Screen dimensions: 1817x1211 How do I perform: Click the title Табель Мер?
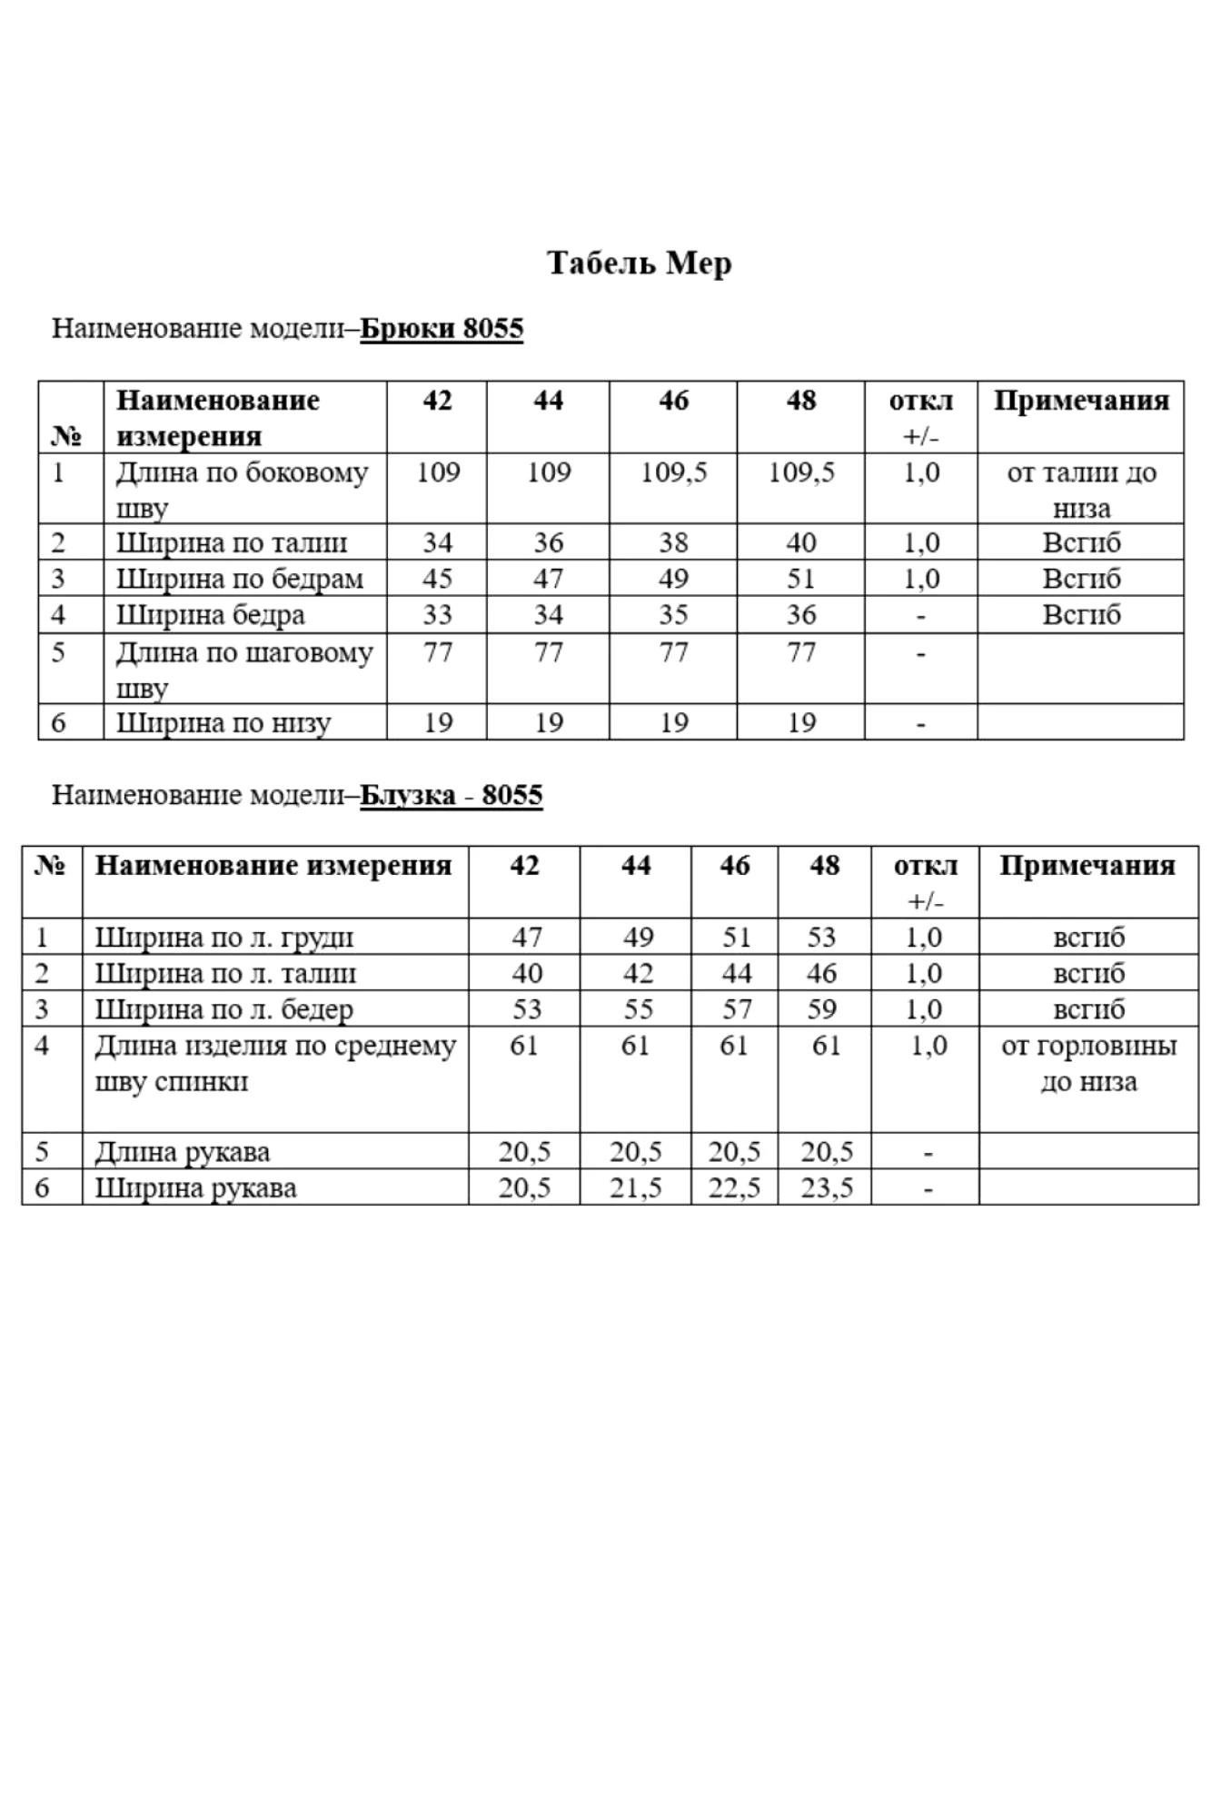(639, 263)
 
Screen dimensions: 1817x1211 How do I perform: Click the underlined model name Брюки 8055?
(442, 328)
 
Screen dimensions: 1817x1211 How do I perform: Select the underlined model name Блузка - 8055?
(452, 795)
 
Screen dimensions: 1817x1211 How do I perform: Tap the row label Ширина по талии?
(232, 542)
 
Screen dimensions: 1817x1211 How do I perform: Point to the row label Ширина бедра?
(211, 615)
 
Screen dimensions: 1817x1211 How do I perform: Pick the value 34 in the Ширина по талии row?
(437, 542)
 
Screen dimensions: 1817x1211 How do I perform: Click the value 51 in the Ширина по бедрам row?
(800, 579)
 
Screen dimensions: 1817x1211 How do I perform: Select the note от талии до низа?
(1081, 490)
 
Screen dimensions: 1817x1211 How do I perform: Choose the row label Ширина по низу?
(223, 723)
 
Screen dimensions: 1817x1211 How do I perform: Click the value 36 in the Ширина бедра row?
(800, 615)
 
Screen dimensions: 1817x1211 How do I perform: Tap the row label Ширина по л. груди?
(224, 937)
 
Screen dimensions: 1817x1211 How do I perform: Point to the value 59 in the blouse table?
(822, 1009)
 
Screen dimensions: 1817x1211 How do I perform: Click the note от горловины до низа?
(1088, 1064)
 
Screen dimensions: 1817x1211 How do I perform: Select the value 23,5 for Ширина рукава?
(827, 1187)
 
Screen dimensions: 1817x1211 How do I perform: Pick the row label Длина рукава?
(183, 1152)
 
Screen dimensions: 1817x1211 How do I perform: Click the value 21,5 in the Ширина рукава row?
(635, 1187)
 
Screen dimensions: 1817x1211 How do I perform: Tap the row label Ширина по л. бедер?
(224, 1009)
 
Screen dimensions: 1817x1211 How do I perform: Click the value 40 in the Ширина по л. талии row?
(527, 973)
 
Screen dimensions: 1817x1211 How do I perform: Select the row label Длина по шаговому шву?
(244, 670)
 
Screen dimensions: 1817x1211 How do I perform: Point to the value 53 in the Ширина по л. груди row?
(822, 937)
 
